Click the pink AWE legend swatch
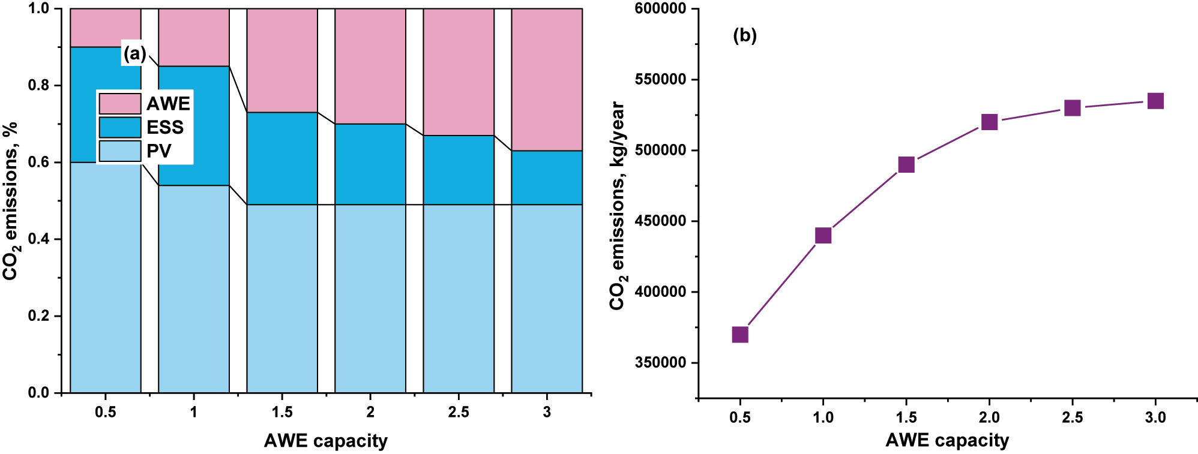coord(120,104)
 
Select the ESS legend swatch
coord(120,127)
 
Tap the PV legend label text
coord(159,151)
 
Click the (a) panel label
coord(134,54)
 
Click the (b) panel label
coord(745,35)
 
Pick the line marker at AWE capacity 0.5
coord(740,334)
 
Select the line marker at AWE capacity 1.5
coord(906,164)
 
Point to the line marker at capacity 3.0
coord(1155,101)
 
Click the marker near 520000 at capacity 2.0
coord(989,122)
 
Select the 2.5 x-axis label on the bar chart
coord(459,413)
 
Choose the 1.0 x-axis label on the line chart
coord(823,417)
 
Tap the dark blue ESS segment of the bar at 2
coord(370,164)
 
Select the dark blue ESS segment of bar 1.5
coord(282,158)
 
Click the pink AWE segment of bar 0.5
coord(106,28)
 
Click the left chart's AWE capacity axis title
coord(326,441)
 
